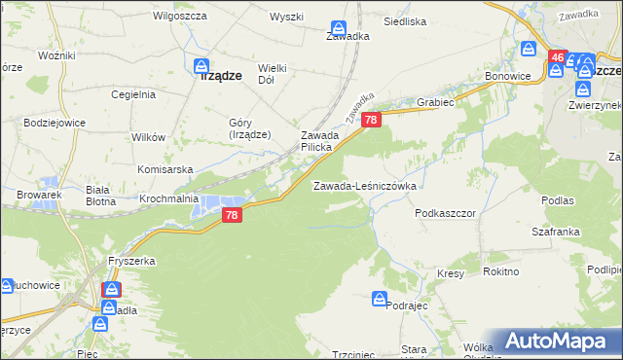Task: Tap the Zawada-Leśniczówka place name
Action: pyautogui.click(x=364, y=185)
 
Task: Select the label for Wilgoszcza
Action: pyautogui.click(x=177, y=17)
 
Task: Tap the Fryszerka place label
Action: pyautogui.click(x=130, y=261)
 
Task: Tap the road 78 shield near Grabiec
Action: pyautogui.click(x=371, y=119)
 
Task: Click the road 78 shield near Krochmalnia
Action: pyautogui.click(x=231, y=215)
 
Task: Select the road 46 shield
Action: pyautogui.click(x=557, y=58)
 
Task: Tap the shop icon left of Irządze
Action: pyautogui.click(x=203, y=67)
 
